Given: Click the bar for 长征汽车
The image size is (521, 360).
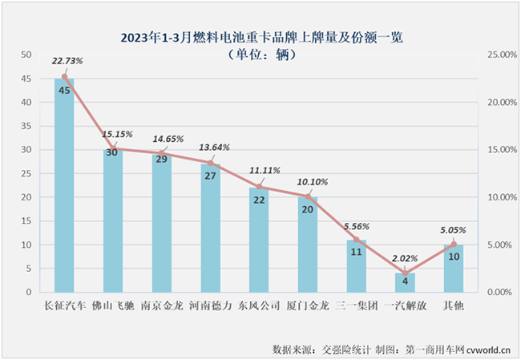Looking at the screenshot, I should (64, 184).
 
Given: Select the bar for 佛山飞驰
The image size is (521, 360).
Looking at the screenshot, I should (113, 220).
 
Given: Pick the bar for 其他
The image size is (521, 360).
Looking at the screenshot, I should (454, 268).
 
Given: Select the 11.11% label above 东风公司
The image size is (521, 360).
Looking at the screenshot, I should (262, 171).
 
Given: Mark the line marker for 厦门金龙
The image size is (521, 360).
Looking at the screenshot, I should (308, 196).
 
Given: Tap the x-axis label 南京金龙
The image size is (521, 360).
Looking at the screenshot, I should (162, 306).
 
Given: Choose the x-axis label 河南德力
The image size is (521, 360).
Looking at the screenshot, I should (211, 306).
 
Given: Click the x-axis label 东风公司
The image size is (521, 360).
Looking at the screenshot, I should (259, 306).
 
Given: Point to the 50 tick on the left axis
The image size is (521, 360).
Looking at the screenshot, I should (26, 55).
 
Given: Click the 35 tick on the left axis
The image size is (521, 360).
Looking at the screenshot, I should (26, 126).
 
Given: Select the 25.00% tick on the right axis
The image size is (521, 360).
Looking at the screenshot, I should (499, 55).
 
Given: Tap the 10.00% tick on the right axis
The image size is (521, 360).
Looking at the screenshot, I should (499, 197).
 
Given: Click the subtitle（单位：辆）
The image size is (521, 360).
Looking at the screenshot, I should (260, 55).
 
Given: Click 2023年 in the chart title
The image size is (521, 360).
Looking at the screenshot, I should (139, 38).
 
